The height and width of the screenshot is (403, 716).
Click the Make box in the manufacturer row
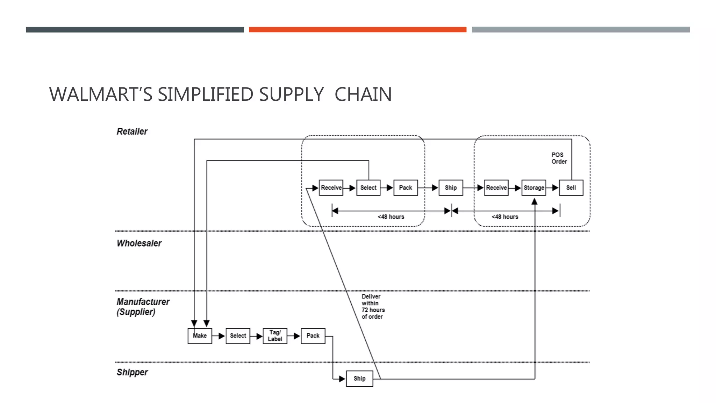click(x=200, y=336)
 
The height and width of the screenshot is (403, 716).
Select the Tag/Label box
click(x=275, y=336)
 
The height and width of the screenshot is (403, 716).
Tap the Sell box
click(x=571, y=188)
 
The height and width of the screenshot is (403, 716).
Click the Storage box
click(x=534, y=188)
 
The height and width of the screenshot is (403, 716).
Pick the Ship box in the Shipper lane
click(x=359, y=379)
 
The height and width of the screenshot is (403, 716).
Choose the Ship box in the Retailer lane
click(x=451, y=188)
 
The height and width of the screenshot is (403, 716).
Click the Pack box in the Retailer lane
click(x=406, y=188)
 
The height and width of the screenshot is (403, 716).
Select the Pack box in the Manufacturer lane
click(x=313, y=336)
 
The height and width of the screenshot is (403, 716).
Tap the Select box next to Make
click(x=238, y=336)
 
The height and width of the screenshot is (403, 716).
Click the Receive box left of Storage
click(x=496, y=188)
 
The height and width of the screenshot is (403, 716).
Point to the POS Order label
click(x=559, y=158)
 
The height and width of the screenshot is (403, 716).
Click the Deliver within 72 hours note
click(x=373, y=306)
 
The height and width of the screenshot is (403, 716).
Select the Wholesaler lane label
click(x=139, y=243)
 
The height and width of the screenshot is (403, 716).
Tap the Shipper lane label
click(x=132, y=372)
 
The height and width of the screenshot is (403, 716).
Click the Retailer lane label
click(x=132, y=132)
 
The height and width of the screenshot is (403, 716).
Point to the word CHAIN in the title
click(x=363, y=94)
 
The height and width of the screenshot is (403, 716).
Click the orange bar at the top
click(x=357, y=30)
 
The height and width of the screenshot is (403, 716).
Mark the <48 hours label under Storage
click(x=504, y=217)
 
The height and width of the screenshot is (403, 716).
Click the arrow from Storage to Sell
click(x=552, y=188)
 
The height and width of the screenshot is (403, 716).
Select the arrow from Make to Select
click(x=219, y=336)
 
